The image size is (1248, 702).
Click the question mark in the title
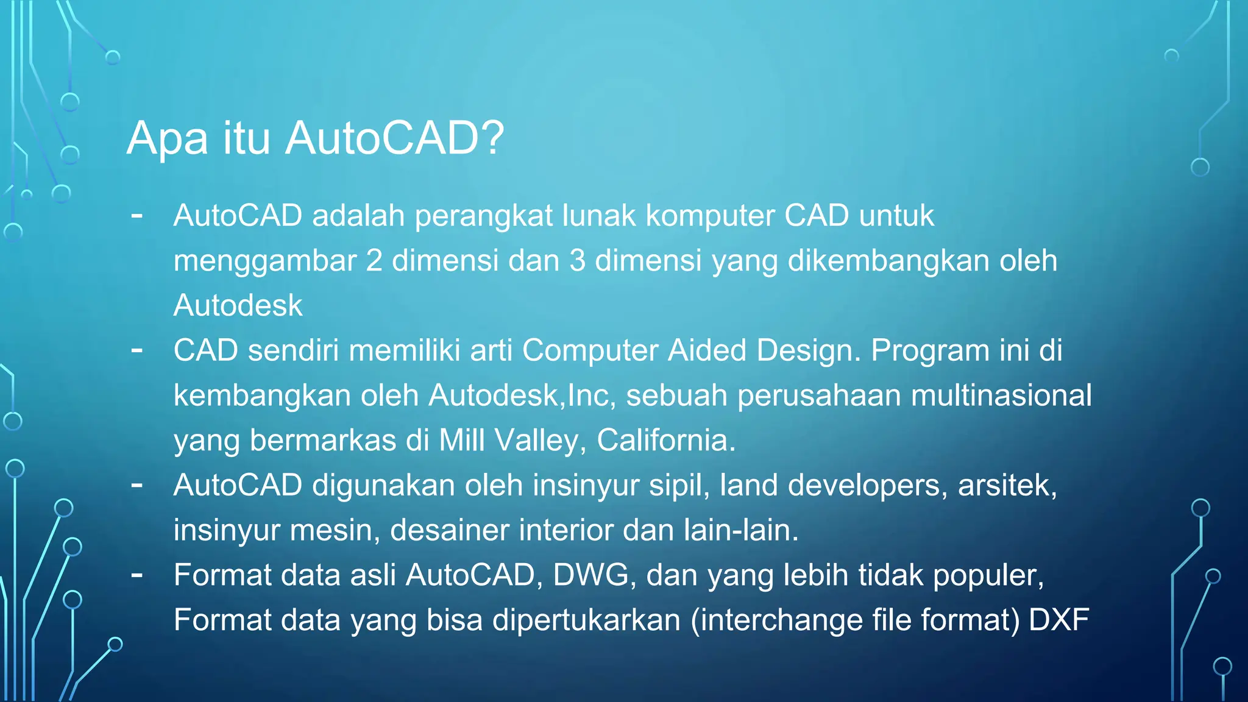[x=492, y=138]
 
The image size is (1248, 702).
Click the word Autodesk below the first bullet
[x=238, y=305]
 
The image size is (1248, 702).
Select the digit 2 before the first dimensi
[x=374, y=261]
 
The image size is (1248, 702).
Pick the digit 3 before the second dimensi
[x=577, y=261]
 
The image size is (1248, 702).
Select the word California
[x=665, y=440]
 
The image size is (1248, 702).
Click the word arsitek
[x=1007, y=485]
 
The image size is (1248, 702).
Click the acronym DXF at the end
[x=1058, y=620]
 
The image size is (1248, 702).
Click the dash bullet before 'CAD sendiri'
[x=137, y=350]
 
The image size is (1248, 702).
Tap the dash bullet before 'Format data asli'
[x=137, y=575]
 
